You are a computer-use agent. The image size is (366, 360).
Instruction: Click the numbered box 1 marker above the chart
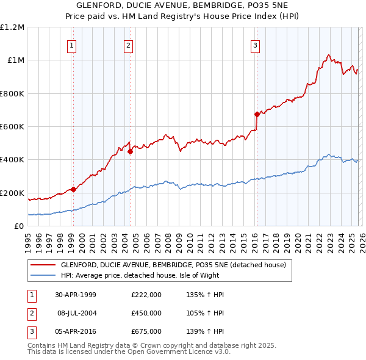coord(72,45)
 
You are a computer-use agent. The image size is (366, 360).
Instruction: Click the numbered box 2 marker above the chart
coord(129,45)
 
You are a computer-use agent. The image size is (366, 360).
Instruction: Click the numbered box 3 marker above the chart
coord(255,45)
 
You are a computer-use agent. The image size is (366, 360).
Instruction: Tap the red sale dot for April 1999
coord(74,189)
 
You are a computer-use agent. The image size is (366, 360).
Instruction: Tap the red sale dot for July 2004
coord(131,152)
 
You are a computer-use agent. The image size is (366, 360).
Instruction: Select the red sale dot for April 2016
coord(257,114)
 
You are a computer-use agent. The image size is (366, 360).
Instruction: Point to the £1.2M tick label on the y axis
coord(12,27)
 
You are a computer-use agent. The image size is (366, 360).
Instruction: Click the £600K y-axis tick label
coord(12,127)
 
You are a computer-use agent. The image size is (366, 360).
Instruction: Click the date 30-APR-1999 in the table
coord(76,295)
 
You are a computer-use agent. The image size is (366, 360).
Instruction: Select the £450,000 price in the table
coord(146,313)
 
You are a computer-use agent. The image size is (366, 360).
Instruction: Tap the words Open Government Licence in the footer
coord(178,352)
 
